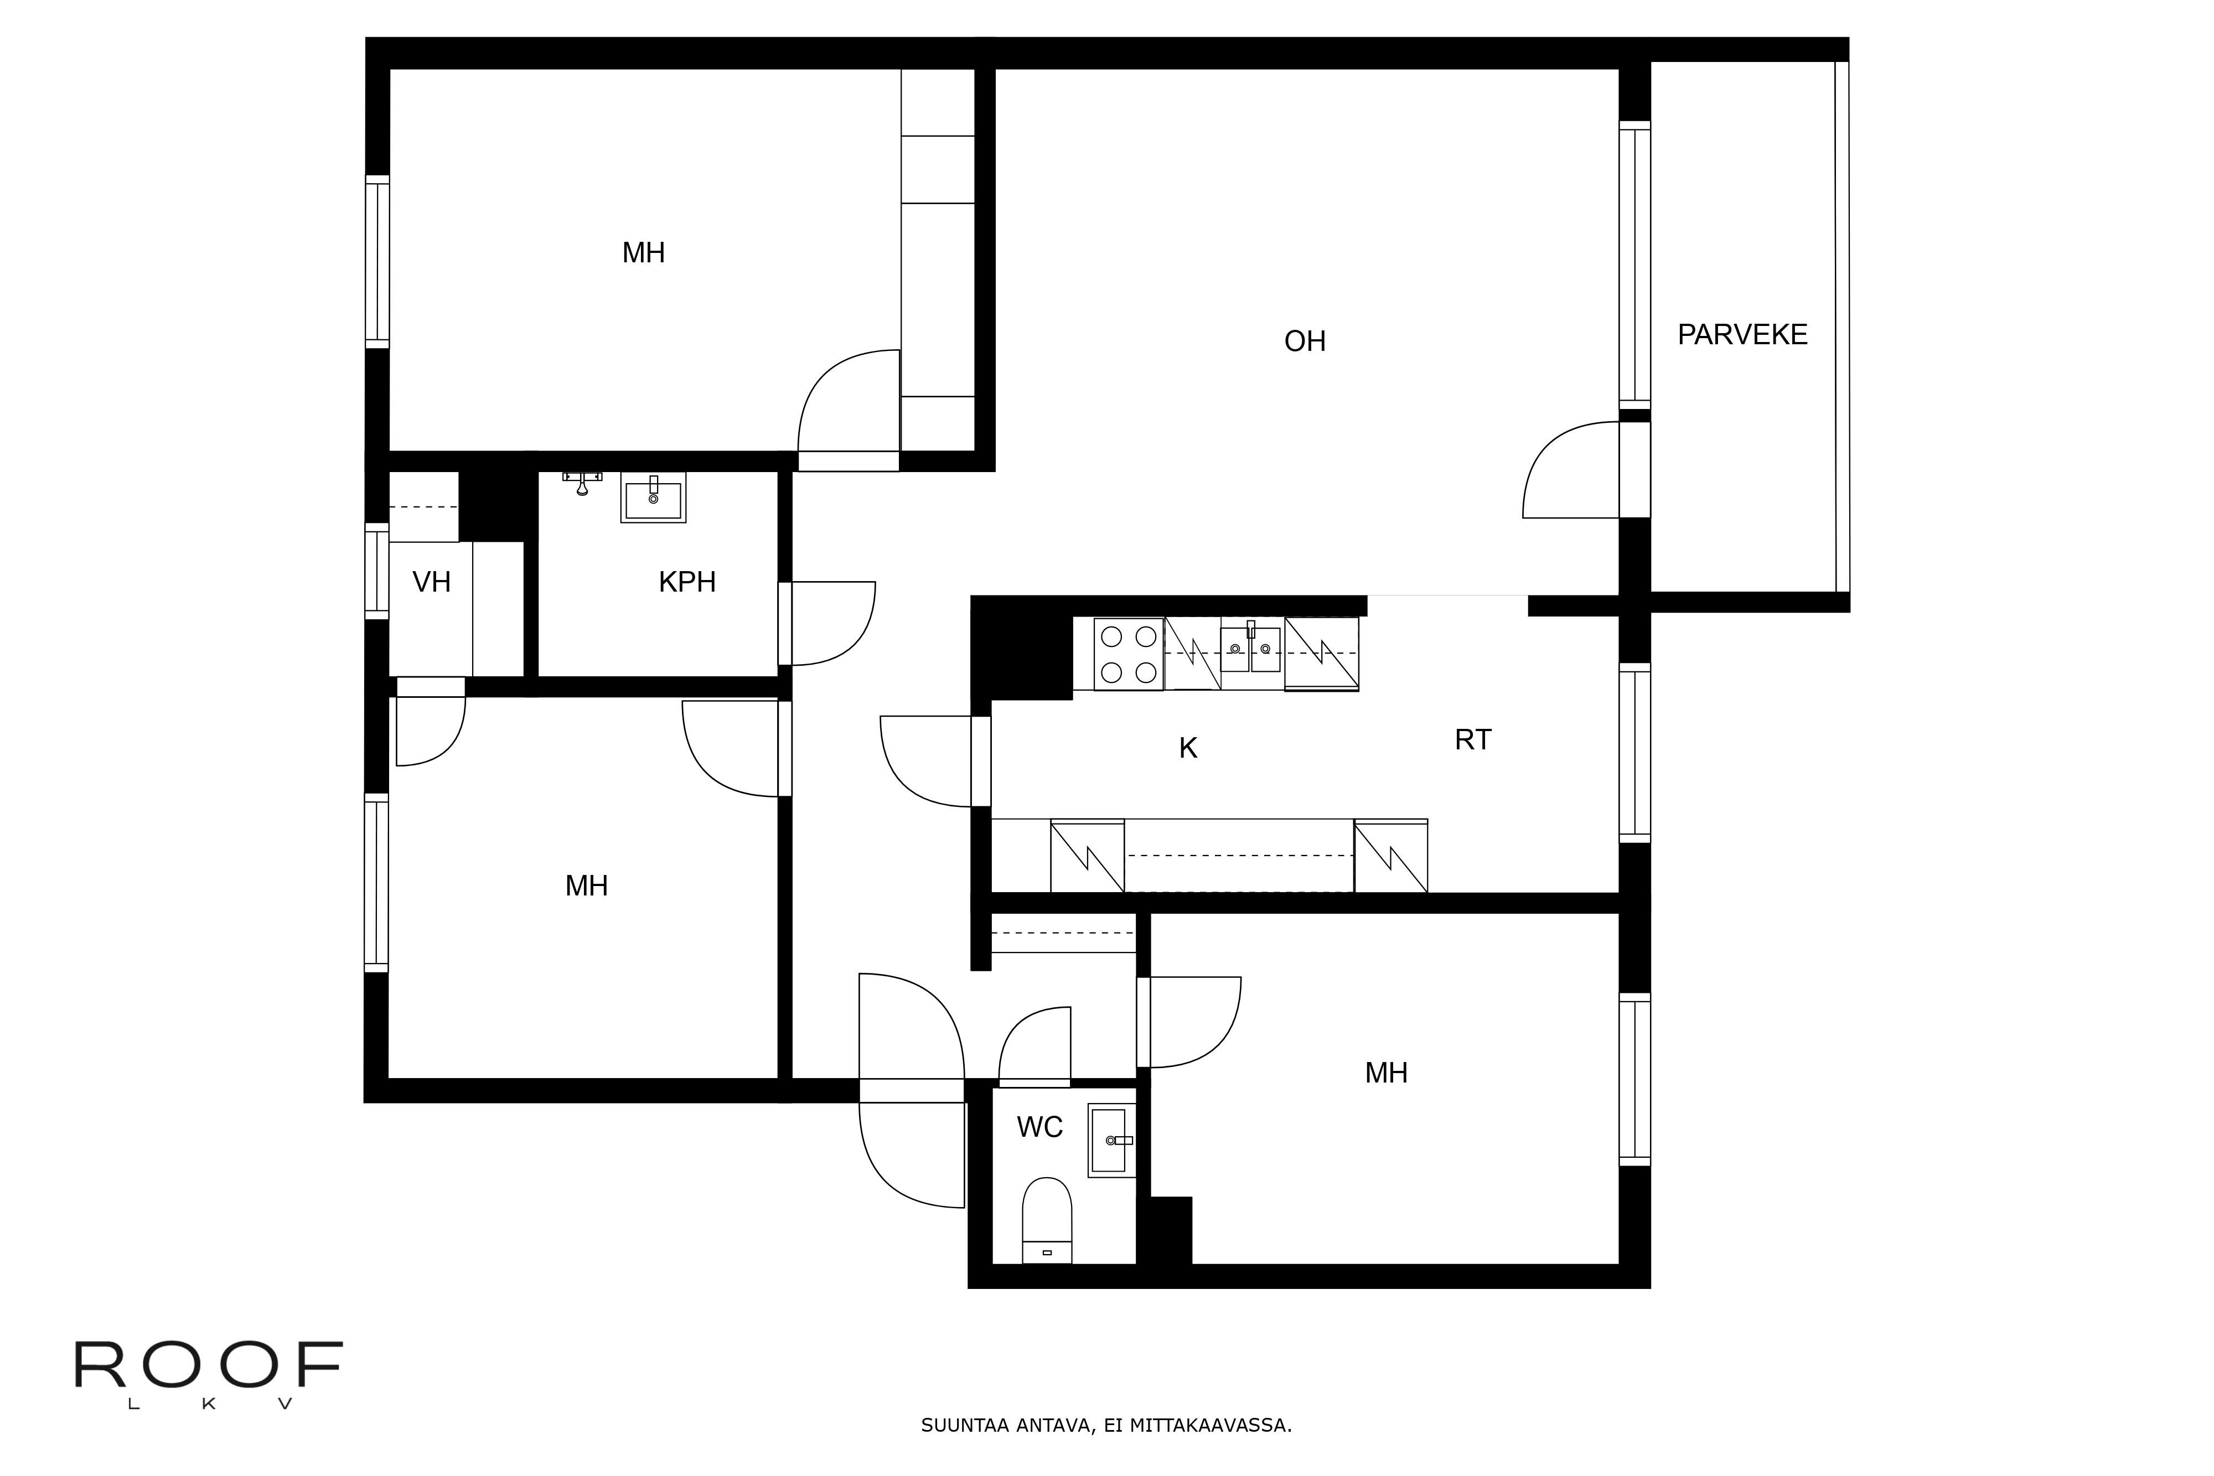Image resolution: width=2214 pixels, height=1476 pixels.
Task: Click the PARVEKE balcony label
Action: click(x=1742, y=335)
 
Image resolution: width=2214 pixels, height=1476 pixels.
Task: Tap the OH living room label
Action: click(x=1305, y=341)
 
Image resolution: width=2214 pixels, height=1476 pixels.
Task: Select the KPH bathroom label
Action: click(x=687, y=582)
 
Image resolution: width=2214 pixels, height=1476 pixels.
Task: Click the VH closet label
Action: click(x=432, y=582)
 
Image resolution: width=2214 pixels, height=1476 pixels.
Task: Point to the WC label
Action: click(x=1040, y=1127)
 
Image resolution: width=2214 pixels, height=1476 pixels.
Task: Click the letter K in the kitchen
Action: click(x=1188, y=748)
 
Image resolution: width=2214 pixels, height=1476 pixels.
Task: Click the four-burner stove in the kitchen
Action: click(x=1129, y=654)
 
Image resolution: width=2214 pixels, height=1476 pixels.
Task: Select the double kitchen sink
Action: click(x=1250, y=648)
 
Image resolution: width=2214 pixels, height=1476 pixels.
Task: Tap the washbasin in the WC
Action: click(x=1112, y=1140)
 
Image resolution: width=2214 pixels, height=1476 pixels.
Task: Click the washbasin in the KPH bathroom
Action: click(x=653, y=497)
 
